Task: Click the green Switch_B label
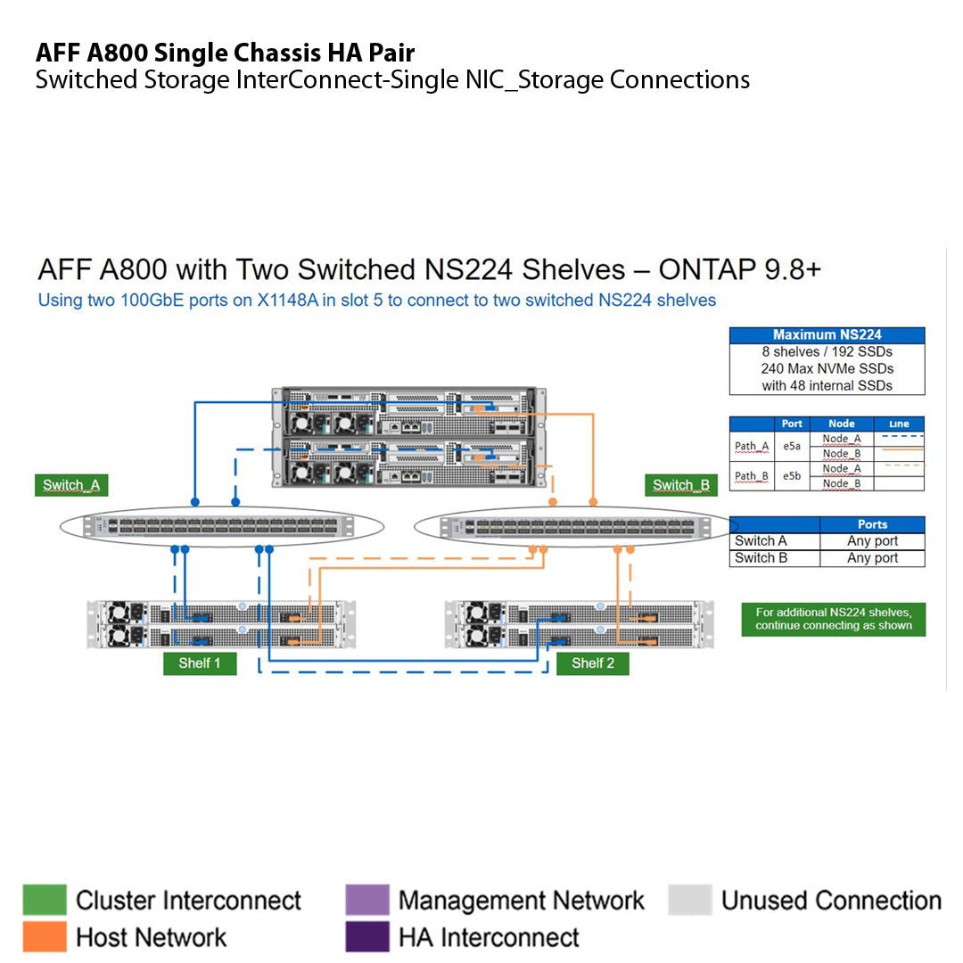point(681,486)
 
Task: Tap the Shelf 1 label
point(200,663)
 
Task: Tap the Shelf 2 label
point(593,663)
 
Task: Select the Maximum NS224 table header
point(827,335)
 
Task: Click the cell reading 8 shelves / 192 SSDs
point(827,352)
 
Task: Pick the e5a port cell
point(792,447)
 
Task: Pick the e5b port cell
point(792,476)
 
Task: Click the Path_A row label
point(751,447)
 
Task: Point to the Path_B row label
point(751,476)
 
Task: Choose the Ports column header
point(872,524)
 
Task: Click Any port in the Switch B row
point(872,558)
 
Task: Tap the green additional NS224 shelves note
point(833,619)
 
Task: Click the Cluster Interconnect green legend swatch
point(45,901)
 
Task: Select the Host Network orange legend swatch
point(45,937)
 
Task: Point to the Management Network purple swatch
point(366,901)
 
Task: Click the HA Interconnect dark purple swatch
point(366,937)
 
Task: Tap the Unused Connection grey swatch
point(689,901)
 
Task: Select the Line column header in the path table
point(899,424)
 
